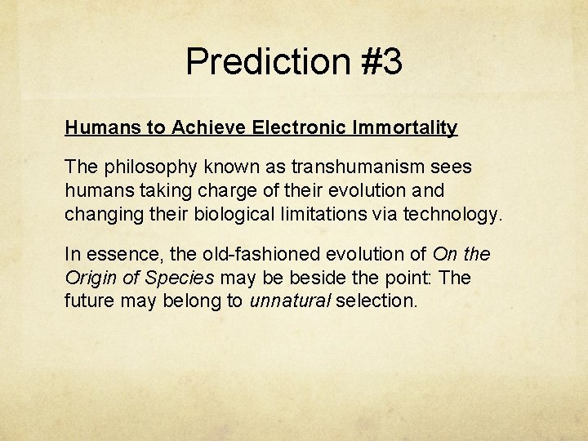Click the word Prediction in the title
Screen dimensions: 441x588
tap(266, 62)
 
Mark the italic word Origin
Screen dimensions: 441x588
tap(89, 278)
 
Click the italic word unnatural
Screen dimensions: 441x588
tap(288, 301)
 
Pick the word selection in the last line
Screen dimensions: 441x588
tap(376, 301)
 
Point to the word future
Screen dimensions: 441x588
tap(89, 301)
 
